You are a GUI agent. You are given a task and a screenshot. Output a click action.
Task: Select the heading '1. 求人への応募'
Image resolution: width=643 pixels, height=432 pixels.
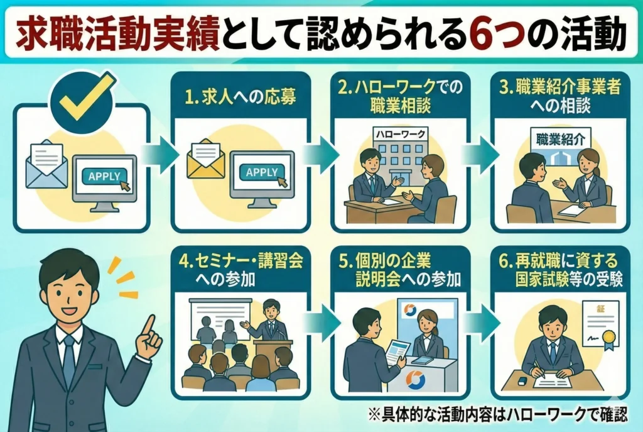pyautogui.click(x=239, y=97)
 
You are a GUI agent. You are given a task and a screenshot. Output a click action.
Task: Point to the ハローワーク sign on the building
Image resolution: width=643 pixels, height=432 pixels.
pyautogui.click(x=400, y=133)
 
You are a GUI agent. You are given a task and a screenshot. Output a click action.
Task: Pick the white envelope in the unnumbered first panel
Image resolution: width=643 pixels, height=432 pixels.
pyautogui.click(x=48, y=162)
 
